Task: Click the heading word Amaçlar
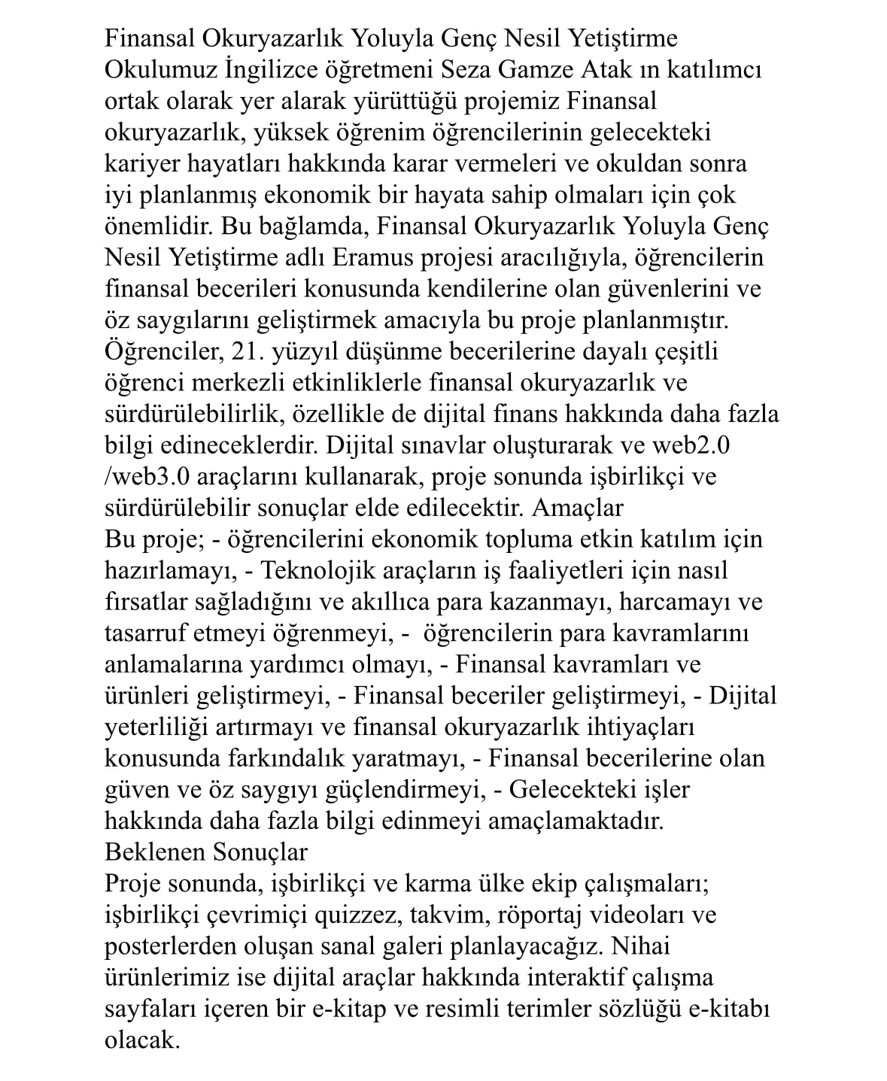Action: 577,508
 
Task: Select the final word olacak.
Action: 142,1040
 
